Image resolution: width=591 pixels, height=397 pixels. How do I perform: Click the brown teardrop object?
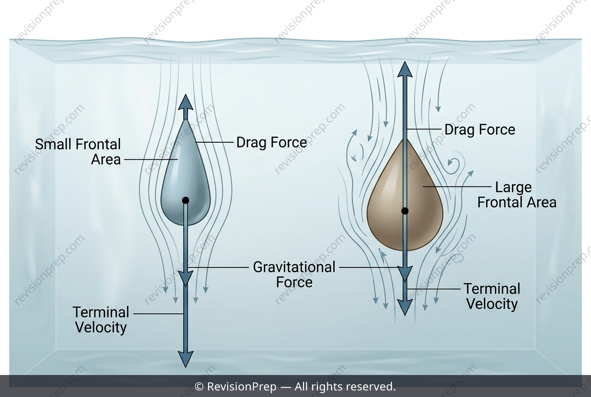pyautogui.click(x=405, y=201)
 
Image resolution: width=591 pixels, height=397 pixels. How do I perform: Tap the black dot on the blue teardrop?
pyautogui.click(x=186, y=200)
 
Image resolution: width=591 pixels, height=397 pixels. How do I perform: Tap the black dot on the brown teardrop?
pyautogui.click(x=405, y=211)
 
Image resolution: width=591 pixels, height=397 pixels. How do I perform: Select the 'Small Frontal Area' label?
pyautogui.click(x=78, y=152)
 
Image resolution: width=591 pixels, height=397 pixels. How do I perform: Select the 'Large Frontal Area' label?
pyautogui.click(x=517, y=195)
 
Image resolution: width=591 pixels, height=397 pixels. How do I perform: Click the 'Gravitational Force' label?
pyautogui.click(x=294, y=274)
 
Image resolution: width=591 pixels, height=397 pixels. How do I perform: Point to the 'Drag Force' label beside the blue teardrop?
pyautogui.click(x=272, y=142)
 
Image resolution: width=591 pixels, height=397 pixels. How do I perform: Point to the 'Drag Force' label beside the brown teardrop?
pyautogui.click(x=480, y=130)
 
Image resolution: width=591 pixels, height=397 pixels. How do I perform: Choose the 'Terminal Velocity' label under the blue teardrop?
pyautogui.click(x=101, y=320)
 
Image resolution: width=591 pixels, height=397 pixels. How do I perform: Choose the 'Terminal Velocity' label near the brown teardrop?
pyautogui.click(x=492, y=296)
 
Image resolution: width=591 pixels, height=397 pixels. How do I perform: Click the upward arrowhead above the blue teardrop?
pyautogui.click(x=186, y=102)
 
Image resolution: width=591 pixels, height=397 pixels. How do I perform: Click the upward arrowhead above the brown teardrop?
pyautogui.click(x=405, y=69)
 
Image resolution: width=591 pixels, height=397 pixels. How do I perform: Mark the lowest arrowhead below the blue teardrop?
pyautogui.click(x=186, y=360)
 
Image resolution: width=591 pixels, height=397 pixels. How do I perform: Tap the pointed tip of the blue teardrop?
pyautogui.click(x=186, y=119)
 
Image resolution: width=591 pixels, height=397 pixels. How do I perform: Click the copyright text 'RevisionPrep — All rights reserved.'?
pyautogui.click(x=301, y=387)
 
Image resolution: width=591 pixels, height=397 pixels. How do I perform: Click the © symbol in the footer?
pyautogui.click(x=199, y=387)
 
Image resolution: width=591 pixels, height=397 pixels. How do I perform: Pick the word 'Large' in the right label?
pyautogui.click(x=513, y=188)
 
